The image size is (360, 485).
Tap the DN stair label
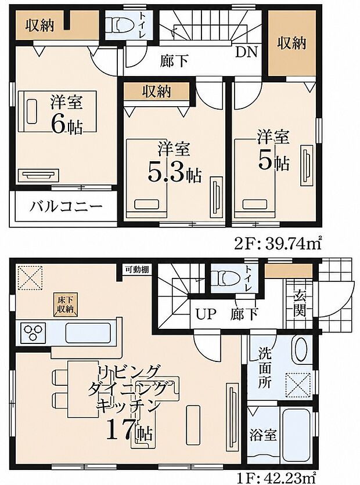coord(246,52)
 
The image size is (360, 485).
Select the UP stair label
coord(206,314)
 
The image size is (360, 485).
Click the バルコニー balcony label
coord(66,207)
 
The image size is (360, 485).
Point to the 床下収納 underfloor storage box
coord(65,305)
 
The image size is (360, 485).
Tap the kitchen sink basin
coord(88,333)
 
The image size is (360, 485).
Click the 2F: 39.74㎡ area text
coord(278,245)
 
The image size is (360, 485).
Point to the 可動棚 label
coord(137,269)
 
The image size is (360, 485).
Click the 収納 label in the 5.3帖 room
coord(157,91)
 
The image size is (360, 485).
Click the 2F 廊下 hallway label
coord(174,60)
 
